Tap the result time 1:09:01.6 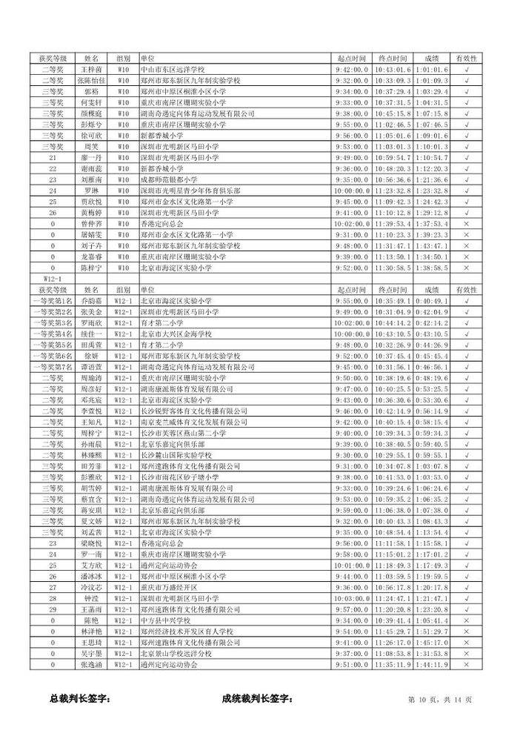(432, 136)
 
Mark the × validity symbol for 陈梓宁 (466, 268)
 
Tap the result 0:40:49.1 (432, 301)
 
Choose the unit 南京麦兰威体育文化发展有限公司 (193, 422)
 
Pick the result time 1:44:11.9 (432, 664)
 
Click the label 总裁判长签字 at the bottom (79, 699)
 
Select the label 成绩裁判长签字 (257, 699)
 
